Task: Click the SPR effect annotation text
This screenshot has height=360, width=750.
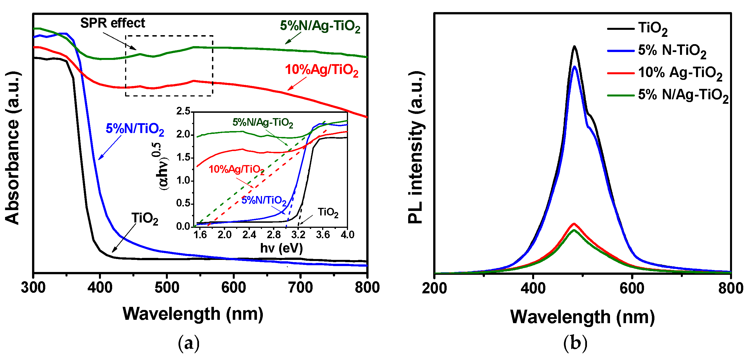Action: (x=112, y=23)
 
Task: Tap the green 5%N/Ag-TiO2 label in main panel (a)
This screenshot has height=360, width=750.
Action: (x=320, y=26)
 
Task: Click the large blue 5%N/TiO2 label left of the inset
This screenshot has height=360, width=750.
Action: (x=135, y=129)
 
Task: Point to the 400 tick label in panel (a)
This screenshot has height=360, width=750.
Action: (x=100, y=287)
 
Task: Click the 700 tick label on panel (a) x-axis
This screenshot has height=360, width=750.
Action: (x=301, y=287)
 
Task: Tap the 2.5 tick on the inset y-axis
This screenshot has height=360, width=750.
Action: (x=183, y=111)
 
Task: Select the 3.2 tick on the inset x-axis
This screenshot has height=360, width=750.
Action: (x=298, y=235)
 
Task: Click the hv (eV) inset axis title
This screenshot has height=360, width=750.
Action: (x=281, y=248)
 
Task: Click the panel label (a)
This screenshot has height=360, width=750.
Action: (x=189, y=343)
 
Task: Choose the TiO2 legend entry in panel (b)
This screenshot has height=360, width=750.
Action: (x=652, y=28)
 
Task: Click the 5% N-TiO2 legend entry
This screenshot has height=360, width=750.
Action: (x=671, y=51)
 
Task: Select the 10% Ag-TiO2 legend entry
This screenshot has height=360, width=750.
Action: (x=679, y=73)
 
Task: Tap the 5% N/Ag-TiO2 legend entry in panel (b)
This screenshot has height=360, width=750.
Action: (x=683, y=95)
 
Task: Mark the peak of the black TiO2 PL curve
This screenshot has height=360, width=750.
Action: (x=574, y=46)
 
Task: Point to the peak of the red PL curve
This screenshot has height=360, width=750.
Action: (x=574, y=224)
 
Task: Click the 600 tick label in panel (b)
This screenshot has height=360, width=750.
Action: (x=632, y=288)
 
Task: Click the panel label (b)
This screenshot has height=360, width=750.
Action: (x=575, y=343)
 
